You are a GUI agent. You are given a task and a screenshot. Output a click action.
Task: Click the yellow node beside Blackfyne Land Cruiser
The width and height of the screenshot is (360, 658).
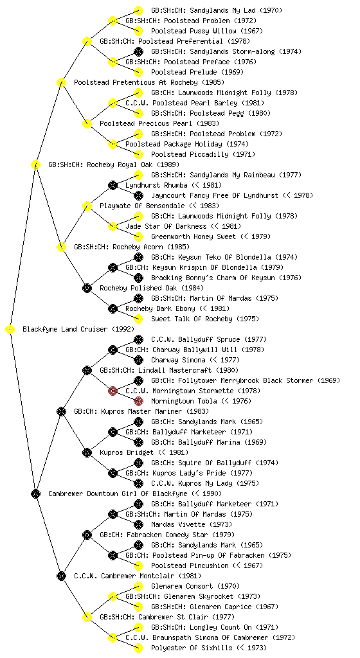pyautogui.click(x=10, y=330)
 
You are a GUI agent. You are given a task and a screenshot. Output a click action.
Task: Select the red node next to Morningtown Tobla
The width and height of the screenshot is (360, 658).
pyautogui.click(x=138, y=401)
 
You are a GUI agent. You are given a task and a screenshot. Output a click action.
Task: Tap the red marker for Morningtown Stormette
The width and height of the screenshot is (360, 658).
pyautogui.click(x=113, y=391)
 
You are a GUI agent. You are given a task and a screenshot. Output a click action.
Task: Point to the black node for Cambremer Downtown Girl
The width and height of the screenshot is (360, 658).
pyautogui.click(x=35, y=494)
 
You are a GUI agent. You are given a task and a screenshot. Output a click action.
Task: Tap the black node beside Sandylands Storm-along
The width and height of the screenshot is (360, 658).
pyautogui.click(x=138, y=51)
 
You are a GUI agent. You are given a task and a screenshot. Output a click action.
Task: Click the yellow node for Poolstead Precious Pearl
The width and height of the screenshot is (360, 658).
pyautogui.click(x=87, y=124)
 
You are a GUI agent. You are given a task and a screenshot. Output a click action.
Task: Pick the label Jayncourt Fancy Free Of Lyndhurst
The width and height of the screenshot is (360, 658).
pyautogui.click(x=215, y=195)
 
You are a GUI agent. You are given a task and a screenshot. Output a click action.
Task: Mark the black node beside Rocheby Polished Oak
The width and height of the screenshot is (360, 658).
pyautogui.click(x=87, y=289)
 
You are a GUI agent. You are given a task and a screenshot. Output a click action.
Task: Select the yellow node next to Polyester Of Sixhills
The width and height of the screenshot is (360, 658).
pyautogui.click(x=138, y=648)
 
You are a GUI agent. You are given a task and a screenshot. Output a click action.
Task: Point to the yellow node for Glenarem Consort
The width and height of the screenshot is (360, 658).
pyautogui.click(x=138, y=586)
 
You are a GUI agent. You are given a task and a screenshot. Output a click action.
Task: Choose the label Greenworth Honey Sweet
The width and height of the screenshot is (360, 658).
pyautogui.click(x=194, y=236)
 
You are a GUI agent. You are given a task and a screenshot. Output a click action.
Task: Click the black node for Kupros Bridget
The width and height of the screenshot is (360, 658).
pyautogui.click(x=87, y=453)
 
